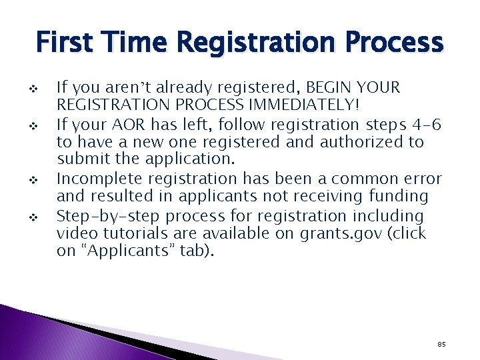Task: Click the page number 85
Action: pyautogui.click(x=441, y=344)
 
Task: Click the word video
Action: pyautogui.click(x=77, y=234)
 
